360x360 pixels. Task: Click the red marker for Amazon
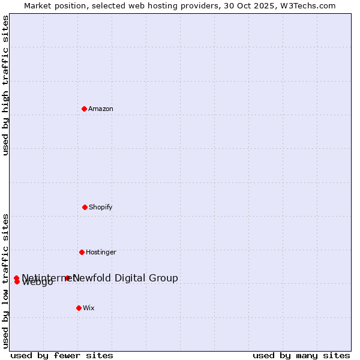tap(84, 109)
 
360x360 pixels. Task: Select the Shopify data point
tap(85, 207)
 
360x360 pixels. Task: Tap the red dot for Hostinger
tap(82, 252)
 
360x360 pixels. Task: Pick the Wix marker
tap(79, 308)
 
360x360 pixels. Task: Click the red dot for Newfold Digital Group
tap(68, 278)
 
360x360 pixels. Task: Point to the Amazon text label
tap(101, 109)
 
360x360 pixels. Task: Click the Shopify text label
tap(101, 207)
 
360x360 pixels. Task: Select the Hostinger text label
tap(101, 252)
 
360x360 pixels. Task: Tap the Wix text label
tap(89, 308)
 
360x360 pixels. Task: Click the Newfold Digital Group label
tap(125, 278)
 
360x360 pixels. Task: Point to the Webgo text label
tap(38, 283)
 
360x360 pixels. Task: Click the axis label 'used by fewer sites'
tap(62, 355)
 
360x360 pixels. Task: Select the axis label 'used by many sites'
tap(301, 355)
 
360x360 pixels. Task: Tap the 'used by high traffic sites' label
tap(5, 85)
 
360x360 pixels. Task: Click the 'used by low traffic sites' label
tap(5, 280)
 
